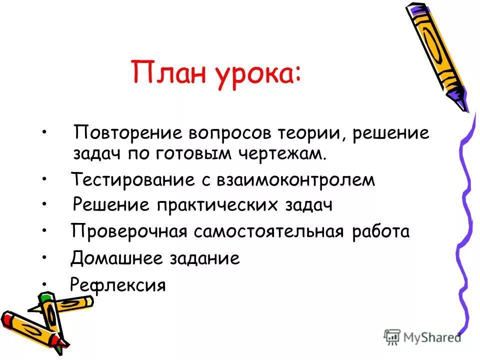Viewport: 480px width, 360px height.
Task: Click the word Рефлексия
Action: click(118, 285)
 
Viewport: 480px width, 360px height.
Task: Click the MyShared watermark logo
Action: click(422, 336)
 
